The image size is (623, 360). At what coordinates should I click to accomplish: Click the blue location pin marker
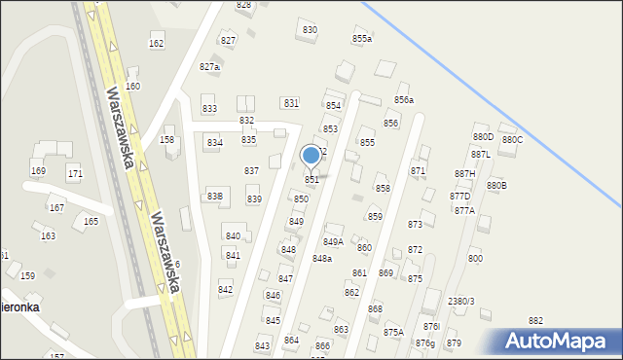311,156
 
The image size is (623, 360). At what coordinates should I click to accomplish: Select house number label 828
243,5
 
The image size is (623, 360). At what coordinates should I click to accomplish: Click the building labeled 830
310,30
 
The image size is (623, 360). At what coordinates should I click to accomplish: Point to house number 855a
362,38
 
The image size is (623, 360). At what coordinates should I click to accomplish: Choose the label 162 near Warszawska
156,44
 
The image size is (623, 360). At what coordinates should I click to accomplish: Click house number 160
132,87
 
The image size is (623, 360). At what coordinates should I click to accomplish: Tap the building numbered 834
214,143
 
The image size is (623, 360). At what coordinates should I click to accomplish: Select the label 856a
404,100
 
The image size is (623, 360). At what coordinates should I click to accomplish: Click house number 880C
512,140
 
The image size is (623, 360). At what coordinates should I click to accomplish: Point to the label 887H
464,173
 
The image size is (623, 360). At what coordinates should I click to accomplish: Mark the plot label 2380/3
460,302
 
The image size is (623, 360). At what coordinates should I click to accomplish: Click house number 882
535,321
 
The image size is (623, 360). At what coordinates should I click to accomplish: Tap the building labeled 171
75,173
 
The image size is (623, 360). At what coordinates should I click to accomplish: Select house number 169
38,171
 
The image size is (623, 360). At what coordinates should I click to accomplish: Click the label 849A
333,241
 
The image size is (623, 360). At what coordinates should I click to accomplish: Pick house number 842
226,290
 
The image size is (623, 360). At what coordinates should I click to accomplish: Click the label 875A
393,332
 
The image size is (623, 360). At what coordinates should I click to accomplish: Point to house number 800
475,258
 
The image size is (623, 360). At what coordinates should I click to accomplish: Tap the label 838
215,197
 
